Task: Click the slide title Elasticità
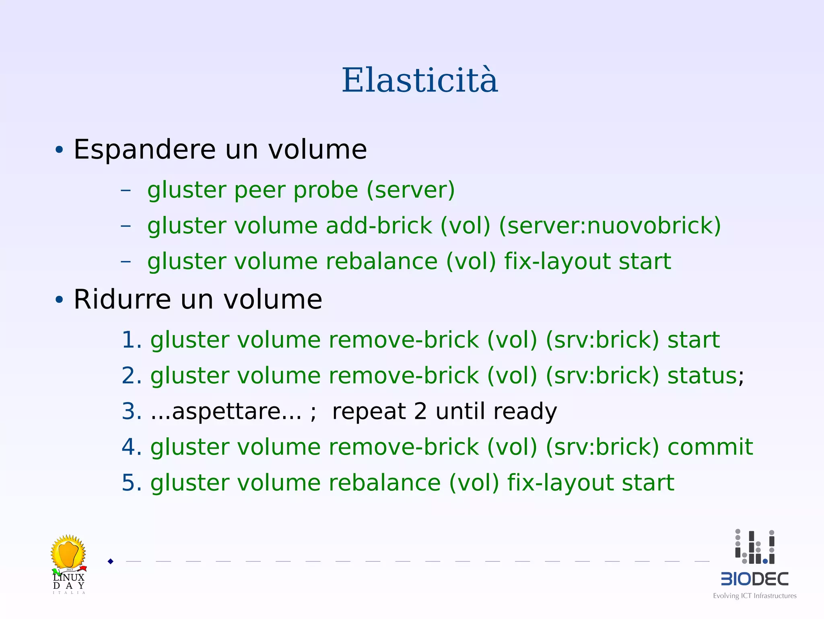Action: (420, 81)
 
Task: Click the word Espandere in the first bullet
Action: (145, 149)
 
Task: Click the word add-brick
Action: (379, 226)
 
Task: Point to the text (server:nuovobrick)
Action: (610, 226)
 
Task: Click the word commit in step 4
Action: (710, 447)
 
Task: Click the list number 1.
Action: (131, 340)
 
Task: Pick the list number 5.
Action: (131, 482)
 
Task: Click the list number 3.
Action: (131, 411)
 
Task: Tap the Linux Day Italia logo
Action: (69, 564)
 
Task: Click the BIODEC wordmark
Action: (754, 579)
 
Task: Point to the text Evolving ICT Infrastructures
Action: (754, 596)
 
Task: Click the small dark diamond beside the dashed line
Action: (111, 561)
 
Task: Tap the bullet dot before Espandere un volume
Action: (59, 150)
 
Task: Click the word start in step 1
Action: (693, 340)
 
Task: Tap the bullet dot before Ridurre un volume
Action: (59, 300)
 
